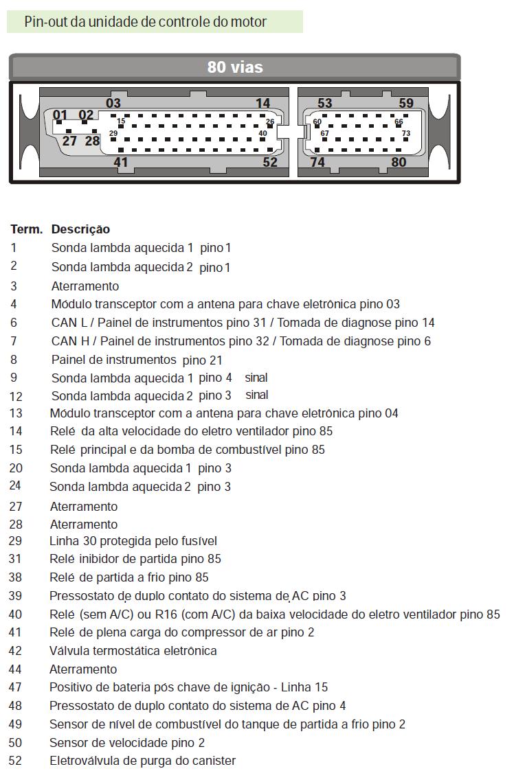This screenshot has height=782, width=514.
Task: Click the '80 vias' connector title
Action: [235, 67]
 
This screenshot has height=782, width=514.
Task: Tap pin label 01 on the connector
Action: [60, 115]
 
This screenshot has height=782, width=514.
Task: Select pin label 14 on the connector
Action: [263, 104]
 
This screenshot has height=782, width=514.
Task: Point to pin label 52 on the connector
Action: [270, 162]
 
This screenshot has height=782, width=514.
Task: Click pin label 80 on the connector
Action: [399, 162]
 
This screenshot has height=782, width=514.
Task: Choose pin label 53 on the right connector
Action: [325, 104]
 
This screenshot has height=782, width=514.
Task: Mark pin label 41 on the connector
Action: [121, 162]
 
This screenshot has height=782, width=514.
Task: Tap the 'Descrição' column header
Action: [80, 229]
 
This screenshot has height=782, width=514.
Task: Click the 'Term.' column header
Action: [27, 229]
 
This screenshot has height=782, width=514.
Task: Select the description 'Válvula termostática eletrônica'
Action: [133, 651]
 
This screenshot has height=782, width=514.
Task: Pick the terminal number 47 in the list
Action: [15, 687]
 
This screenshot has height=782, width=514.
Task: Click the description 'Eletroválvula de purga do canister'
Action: [142, 761]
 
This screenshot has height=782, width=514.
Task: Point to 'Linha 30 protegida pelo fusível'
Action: [133, 541]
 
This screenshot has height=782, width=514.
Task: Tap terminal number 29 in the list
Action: [15, 541]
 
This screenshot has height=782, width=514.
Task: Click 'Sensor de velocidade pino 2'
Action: [127, 743]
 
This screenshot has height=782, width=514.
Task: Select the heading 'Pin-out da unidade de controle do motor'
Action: [146, 22]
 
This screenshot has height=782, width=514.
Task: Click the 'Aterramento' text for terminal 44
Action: [83, 669]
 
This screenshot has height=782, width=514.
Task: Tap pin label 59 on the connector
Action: [406, 104]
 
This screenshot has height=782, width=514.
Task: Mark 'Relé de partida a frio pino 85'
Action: [128, 577]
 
